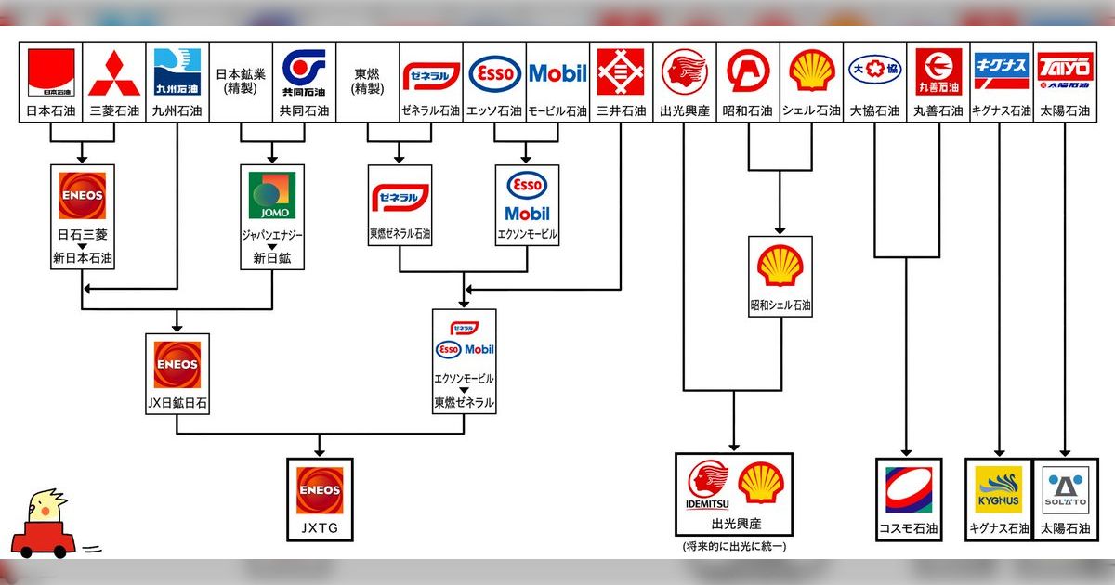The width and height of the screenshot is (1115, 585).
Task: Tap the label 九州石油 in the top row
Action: pos(177,111)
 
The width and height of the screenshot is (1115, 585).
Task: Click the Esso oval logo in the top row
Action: pos(495,73)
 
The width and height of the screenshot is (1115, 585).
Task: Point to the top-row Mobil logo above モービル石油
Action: pos(557,73)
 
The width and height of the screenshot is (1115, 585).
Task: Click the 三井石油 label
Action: pos(622,111)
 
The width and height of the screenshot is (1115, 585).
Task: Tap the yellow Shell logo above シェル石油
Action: pos(811,71)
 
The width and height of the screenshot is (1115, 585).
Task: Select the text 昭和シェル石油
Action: pos(780,305)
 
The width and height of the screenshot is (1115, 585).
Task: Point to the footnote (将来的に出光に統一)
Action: pos(734,546)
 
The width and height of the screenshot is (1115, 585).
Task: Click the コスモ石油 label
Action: pos(909,529)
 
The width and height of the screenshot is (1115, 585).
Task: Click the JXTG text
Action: pos(320,528)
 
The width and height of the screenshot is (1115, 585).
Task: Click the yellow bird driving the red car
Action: pos(42,526)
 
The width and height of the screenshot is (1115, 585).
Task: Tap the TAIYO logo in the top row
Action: pos(1064,71)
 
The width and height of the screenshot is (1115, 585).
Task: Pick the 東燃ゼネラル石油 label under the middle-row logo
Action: pos(400,234)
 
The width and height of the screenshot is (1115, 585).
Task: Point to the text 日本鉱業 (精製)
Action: pos(241,81)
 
